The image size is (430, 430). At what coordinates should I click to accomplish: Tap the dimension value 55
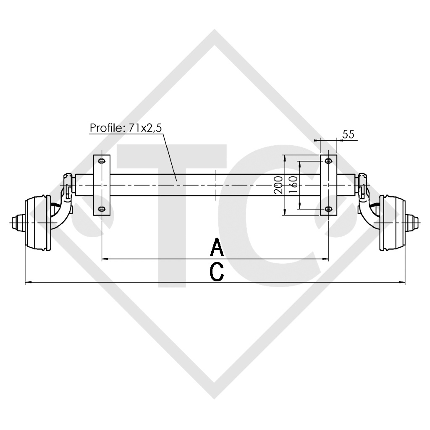(349, 134)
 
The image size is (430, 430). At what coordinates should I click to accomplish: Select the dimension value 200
(278, 185)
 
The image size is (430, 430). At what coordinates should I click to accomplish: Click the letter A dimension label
(217, 247)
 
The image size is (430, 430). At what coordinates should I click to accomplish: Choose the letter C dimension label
(216, 272)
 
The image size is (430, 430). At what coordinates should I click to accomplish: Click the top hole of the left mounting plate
(101, 161)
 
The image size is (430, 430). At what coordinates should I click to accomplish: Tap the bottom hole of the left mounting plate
(101, 209)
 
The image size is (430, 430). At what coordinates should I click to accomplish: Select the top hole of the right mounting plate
(328, 161)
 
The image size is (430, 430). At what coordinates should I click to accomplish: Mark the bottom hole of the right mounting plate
(328, 209)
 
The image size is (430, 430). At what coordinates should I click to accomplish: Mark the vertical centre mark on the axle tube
(215, 185)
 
